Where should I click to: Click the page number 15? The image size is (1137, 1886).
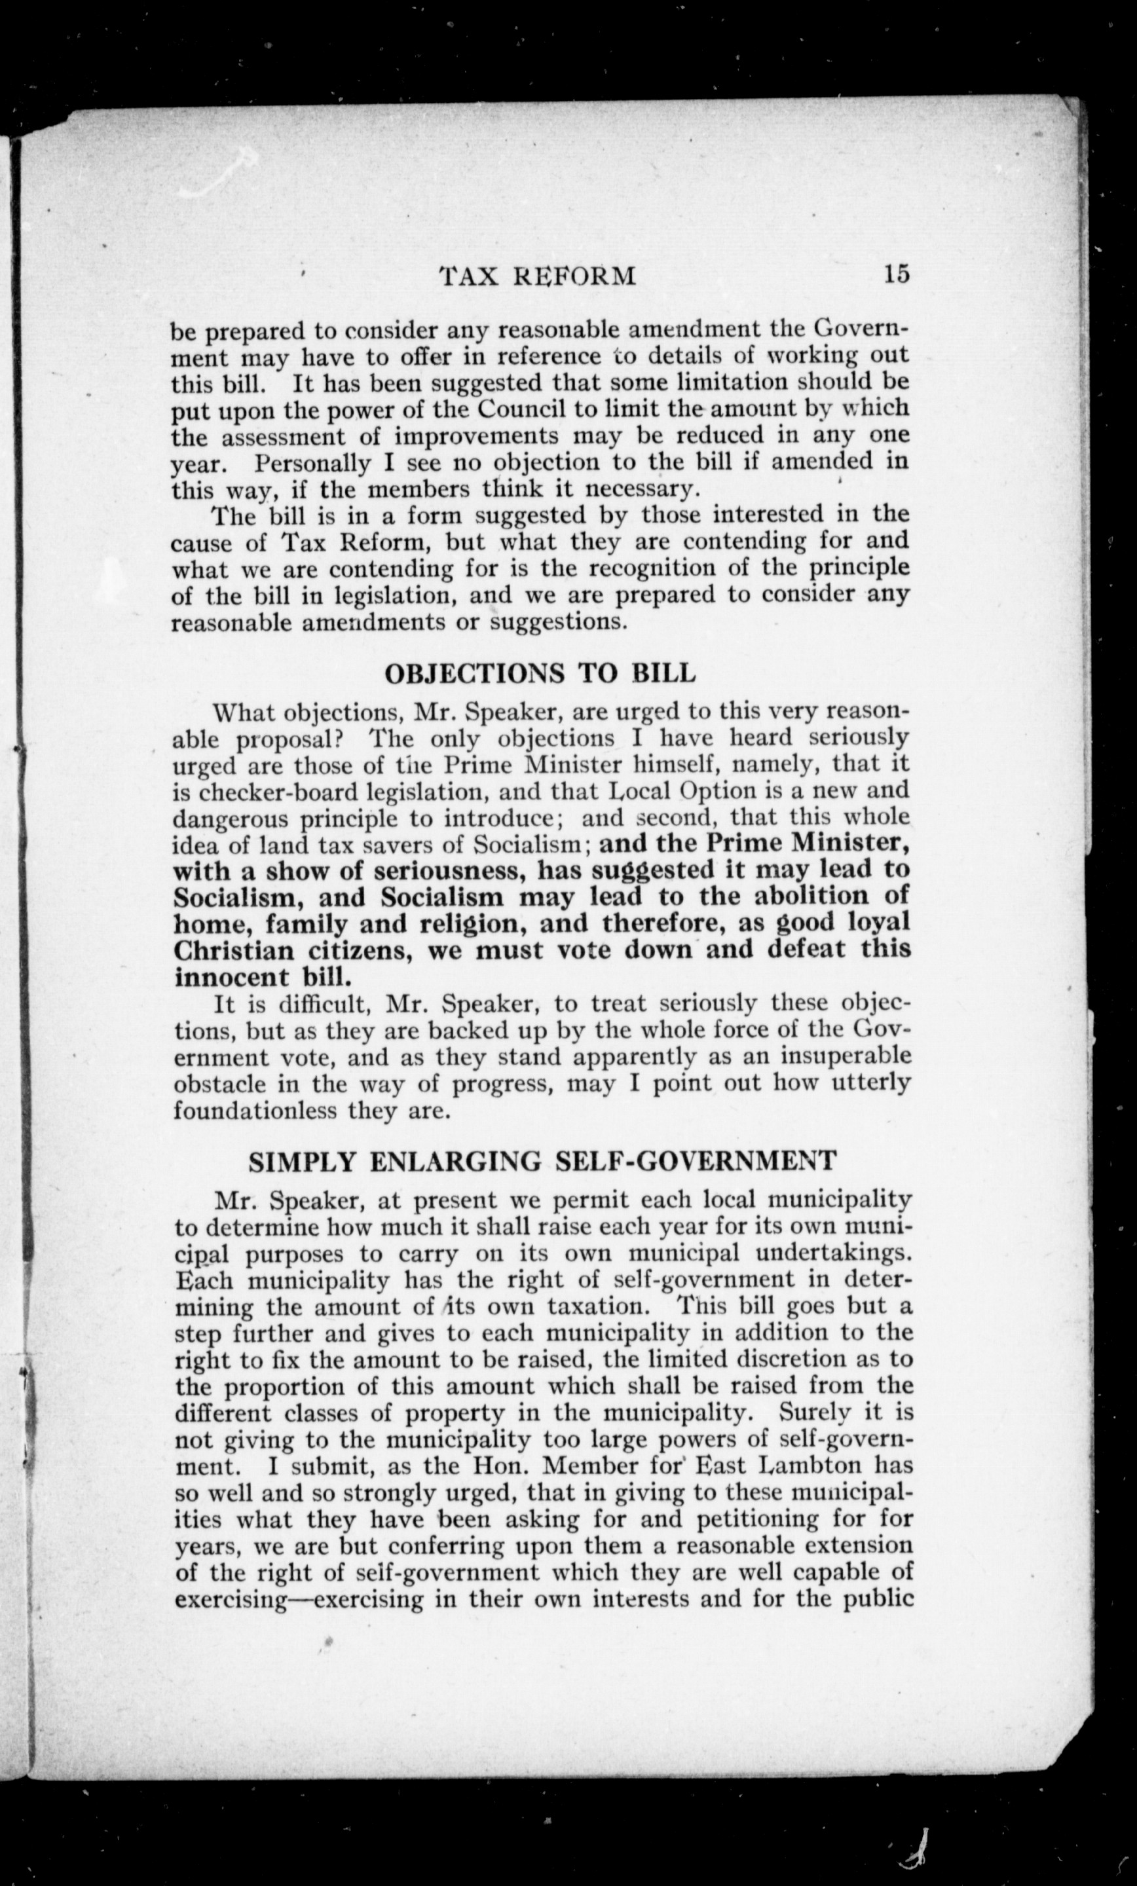tap(896, 273)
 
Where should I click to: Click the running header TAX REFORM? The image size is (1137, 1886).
tap(538, 276)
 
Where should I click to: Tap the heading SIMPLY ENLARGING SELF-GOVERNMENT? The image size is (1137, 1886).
tap(542, 1160)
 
